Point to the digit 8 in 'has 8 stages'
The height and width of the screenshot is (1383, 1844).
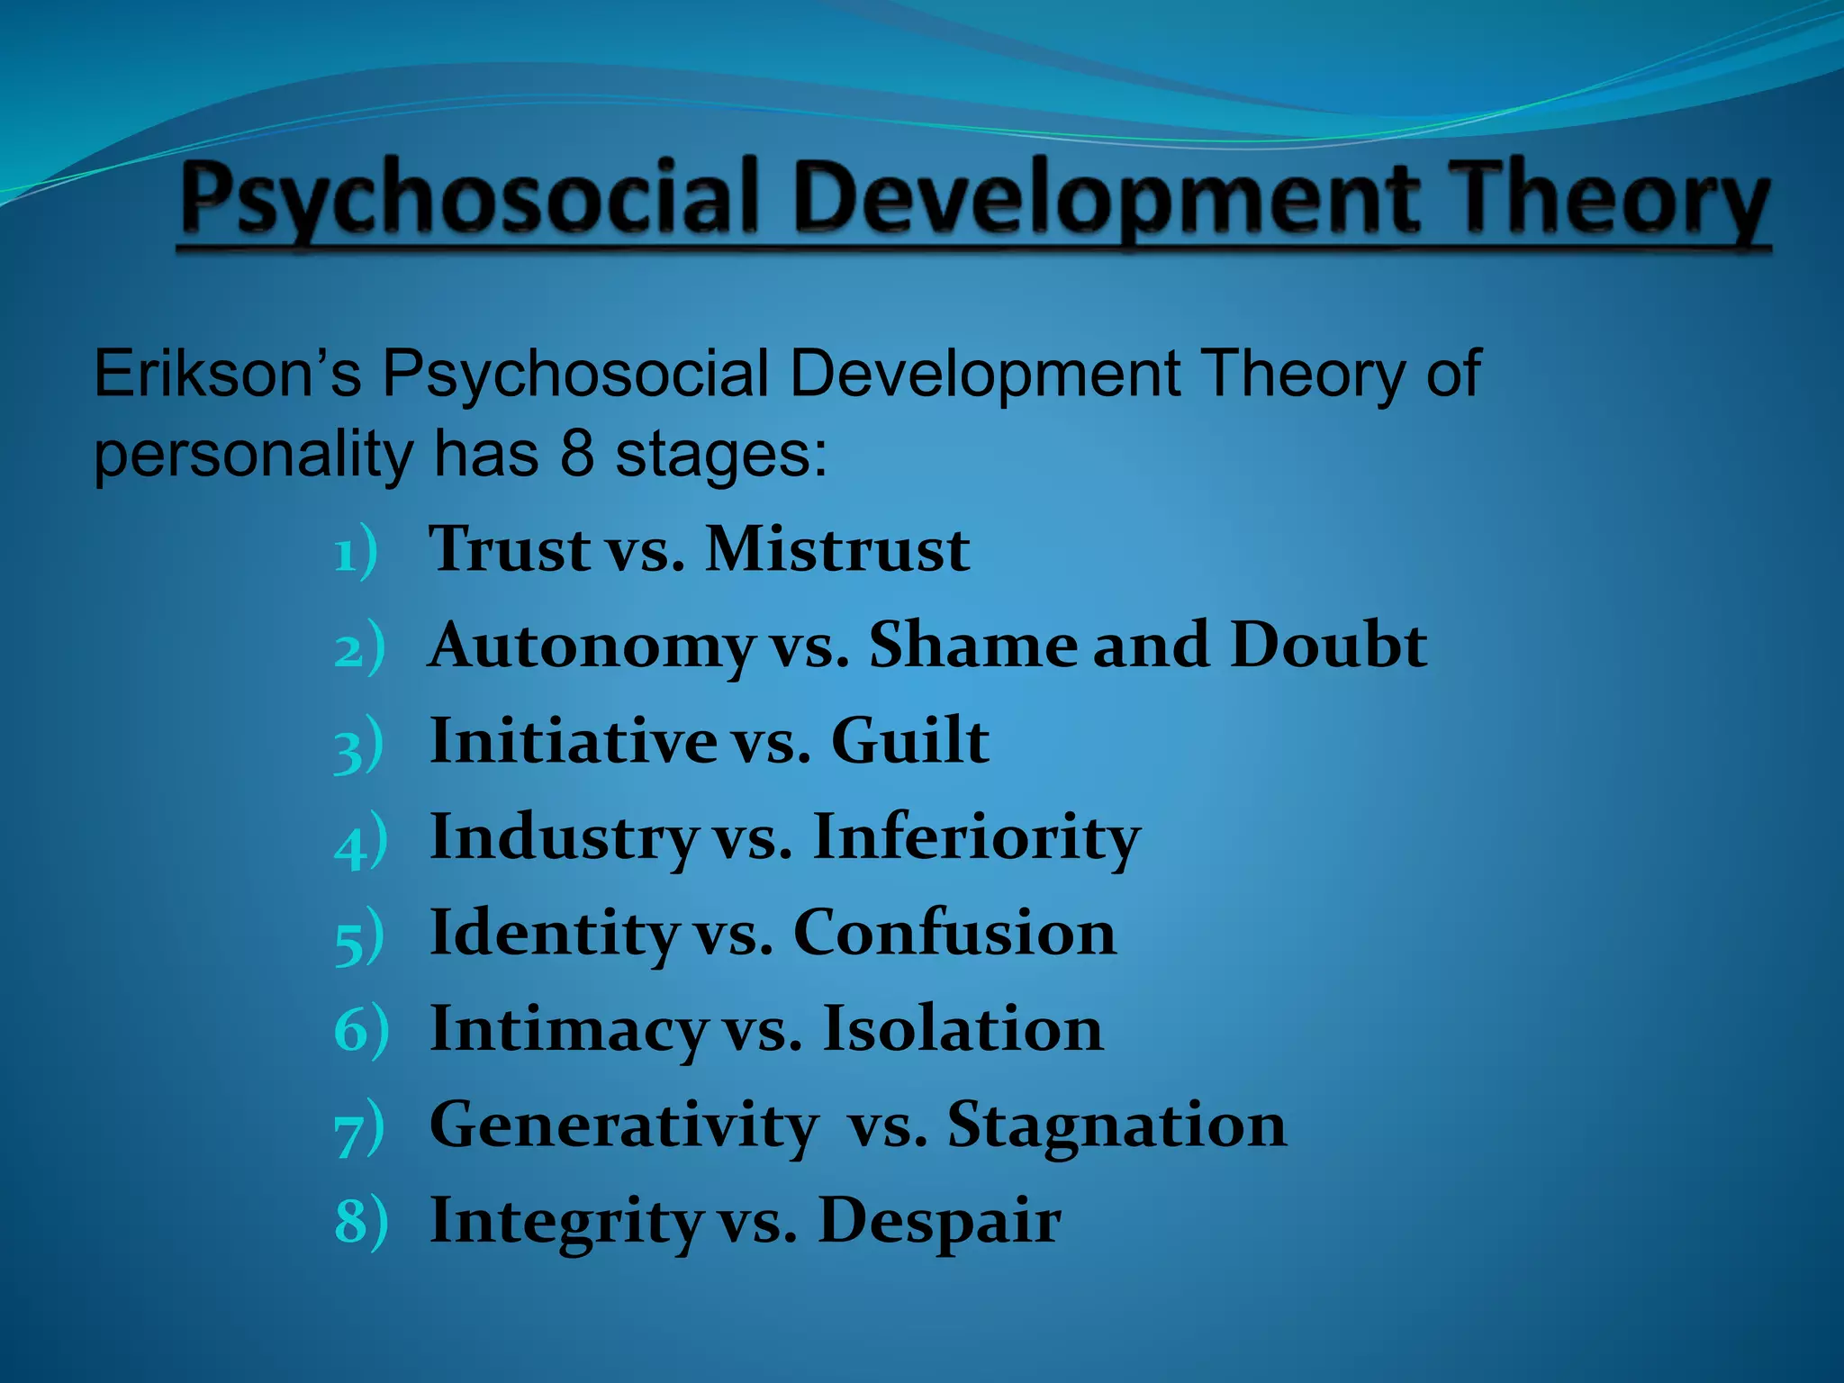pos(577,453)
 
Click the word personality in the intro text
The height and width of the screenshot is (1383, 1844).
pos(252,455)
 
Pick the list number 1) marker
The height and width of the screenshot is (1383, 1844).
pos(355,553)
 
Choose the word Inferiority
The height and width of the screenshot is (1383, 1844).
pos(976,838)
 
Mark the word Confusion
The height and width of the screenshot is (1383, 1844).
pos(954,933)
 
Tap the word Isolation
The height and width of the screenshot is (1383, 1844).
pos(963,1029)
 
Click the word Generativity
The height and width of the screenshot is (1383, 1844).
pos(623,1125)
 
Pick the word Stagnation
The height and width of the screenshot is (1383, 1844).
pos(1116,1125)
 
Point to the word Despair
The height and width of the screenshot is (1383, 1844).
pos(939,1222)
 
